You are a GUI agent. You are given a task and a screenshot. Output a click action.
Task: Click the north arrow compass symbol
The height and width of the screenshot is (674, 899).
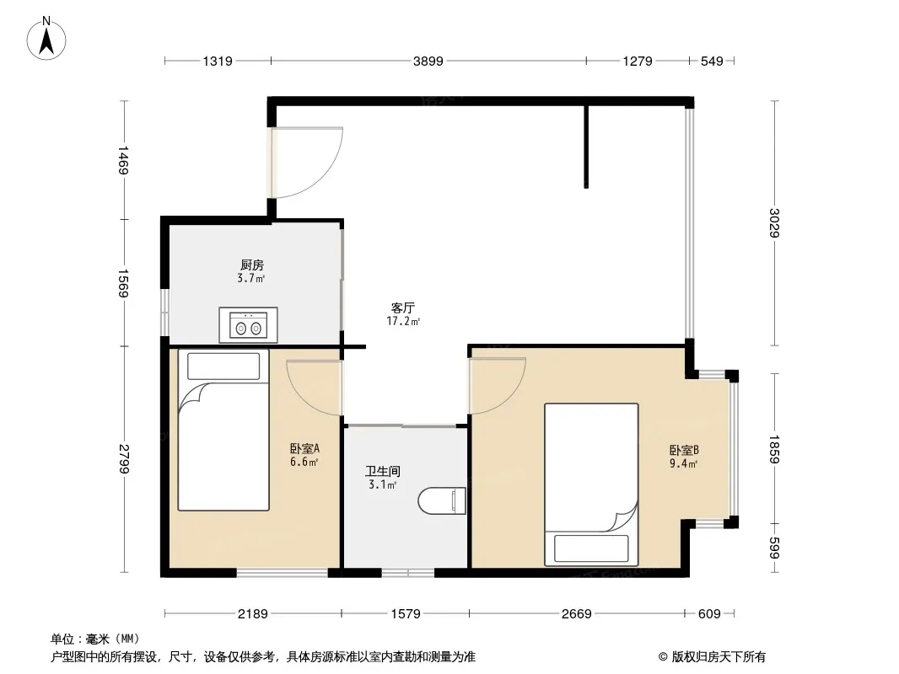(46, 39)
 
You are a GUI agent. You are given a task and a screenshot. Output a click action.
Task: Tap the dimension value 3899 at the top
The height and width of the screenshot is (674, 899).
(428, 61)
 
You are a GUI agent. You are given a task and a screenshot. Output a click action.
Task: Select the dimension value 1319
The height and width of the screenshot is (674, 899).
(218, 61)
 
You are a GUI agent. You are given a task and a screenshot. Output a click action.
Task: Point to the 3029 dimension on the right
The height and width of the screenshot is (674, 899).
(774, 222)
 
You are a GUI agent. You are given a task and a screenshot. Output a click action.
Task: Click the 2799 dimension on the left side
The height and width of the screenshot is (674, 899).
(124, 458)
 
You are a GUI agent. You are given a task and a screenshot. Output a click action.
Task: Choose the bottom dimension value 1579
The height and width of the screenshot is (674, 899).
(406, 614)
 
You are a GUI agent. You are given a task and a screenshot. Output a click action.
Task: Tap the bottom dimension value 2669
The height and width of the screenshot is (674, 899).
(576, 614)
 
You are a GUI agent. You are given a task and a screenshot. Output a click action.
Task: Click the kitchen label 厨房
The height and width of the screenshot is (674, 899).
(251, 265)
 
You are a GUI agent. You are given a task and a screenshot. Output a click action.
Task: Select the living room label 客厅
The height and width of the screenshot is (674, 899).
(403, 308)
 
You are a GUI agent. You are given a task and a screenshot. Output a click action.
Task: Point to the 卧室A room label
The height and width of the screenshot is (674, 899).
(304, 448)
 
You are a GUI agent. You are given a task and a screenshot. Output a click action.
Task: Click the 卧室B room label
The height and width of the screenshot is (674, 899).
(684, 450)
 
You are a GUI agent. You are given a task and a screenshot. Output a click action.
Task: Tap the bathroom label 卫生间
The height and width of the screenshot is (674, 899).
(383, 471)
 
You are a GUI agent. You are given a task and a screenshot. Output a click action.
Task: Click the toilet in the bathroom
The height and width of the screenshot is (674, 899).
(441, 501)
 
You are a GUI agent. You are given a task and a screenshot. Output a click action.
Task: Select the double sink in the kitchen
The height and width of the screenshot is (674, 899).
(248, 325)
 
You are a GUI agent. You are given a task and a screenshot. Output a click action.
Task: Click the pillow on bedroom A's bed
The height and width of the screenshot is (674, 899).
(223, 366)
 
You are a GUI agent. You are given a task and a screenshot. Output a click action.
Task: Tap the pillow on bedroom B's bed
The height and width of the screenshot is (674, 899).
(591, 548)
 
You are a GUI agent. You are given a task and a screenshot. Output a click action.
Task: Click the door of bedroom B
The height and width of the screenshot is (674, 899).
(497, 385)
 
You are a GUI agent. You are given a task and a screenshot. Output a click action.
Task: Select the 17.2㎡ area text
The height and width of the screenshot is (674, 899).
(403, 321)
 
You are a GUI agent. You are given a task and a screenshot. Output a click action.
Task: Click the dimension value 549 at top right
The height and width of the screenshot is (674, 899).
(712, 61)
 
